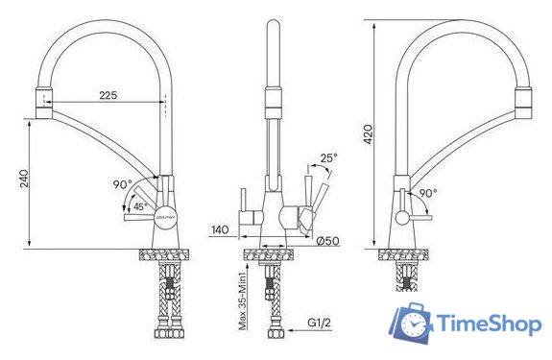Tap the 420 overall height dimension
click(368, 135)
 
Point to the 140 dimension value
click(220, 229)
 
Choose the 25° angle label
click(328, 156)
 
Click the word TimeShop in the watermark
click(487, 324)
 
